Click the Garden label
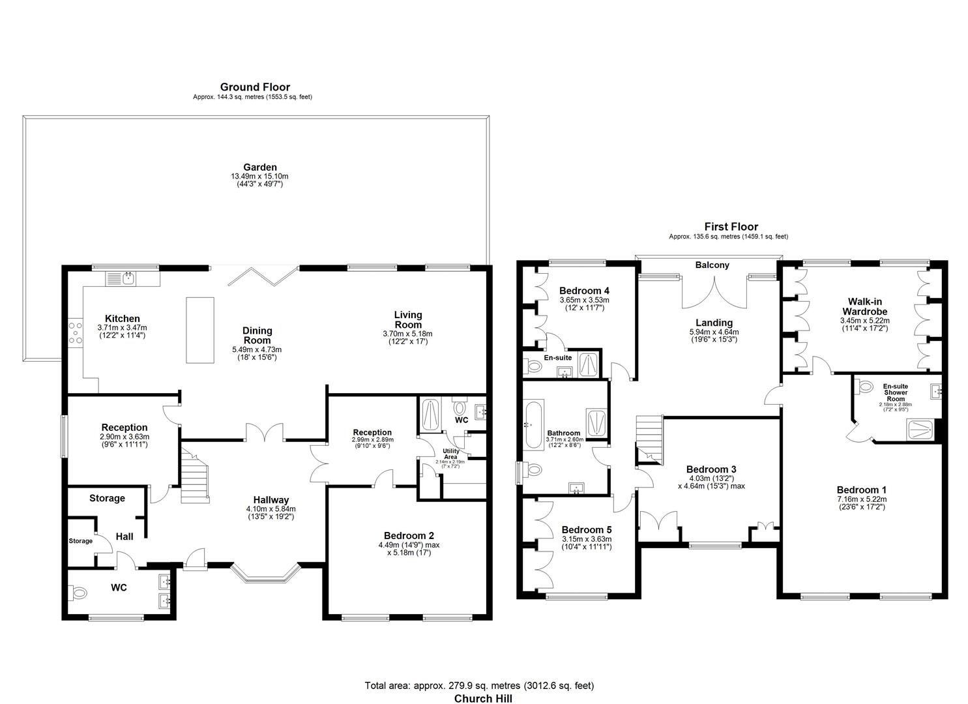[260, 168]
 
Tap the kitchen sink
[128, 278]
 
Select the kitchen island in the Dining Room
[200, 330]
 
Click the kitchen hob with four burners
[74, 332]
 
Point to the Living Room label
[407, 319]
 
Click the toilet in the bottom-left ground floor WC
[79, 593]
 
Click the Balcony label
[712, 265]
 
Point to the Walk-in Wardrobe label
[864, 306]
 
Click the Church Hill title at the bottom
[483, 698]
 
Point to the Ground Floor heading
[255, 87]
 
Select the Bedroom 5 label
[587, 529]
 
